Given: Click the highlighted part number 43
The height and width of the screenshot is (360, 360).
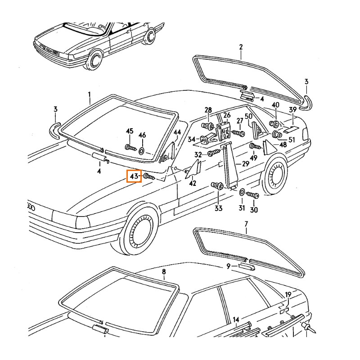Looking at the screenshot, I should [x=134, y=176].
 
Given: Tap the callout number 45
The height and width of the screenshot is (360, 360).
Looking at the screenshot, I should [x=130, y=131].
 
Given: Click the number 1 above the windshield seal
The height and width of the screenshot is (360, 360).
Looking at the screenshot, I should [x=89, y=94].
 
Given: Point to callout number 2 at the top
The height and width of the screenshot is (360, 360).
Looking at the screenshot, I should [x=241, y=47].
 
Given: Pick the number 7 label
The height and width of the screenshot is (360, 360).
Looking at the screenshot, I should [x=246, y=224].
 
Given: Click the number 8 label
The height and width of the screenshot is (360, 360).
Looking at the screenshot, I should [x=164, y=272].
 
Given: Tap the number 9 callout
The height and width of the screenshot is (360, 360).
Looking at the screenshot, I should [x=229, y=266].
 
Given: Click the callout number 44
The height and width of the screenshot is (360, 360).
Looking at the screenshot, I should [x=177, y=132].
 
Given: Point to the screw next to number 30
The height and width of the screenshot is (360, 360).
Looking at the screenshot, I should [x=252, y=196].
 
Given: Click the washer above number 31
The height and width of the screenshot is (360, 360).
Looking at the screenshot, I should [x=242, y=193].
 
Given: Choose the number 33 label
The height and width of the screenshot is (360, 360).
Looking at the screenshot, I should [x=218, y=208].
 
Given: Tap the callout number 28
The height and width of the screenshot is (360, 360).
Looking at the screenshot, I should [x=208, y=110].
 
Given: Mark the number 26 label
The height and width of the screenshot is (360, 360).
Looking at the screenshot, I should [x=227, y=116].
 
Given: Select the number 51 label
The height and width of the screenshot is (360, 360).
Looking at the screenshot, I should [x=292, y=139].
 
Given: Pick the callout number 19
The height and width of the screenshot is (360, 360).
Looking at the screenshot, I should [x=288, y=295].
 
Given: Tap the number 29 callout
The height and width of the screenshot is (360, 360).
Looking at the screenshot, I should [x=245, y=164].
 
